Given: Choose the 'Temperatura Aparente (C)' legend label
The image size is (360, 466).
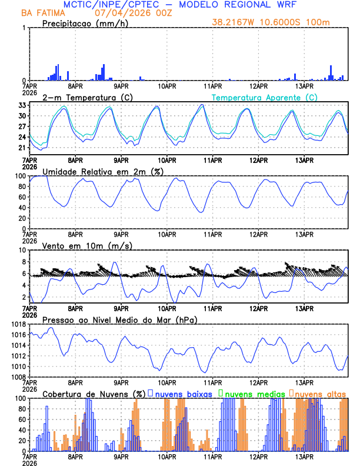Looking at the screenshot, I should point(264,97).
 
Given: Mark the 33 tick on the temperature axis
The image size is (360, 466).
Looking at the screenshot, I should point(22,105).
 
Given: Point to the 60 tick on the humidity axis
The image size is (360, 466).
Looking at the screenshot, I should point(22,197).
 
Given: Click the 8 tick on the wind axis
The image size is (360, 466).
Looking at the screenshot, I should point(24,249).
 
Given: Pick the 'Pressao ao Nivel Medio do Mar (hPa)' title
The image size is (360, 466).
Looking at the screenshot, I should point(119,319).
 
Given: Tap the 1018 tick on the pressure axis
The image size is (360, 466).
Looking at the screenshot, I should point(19,324).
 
